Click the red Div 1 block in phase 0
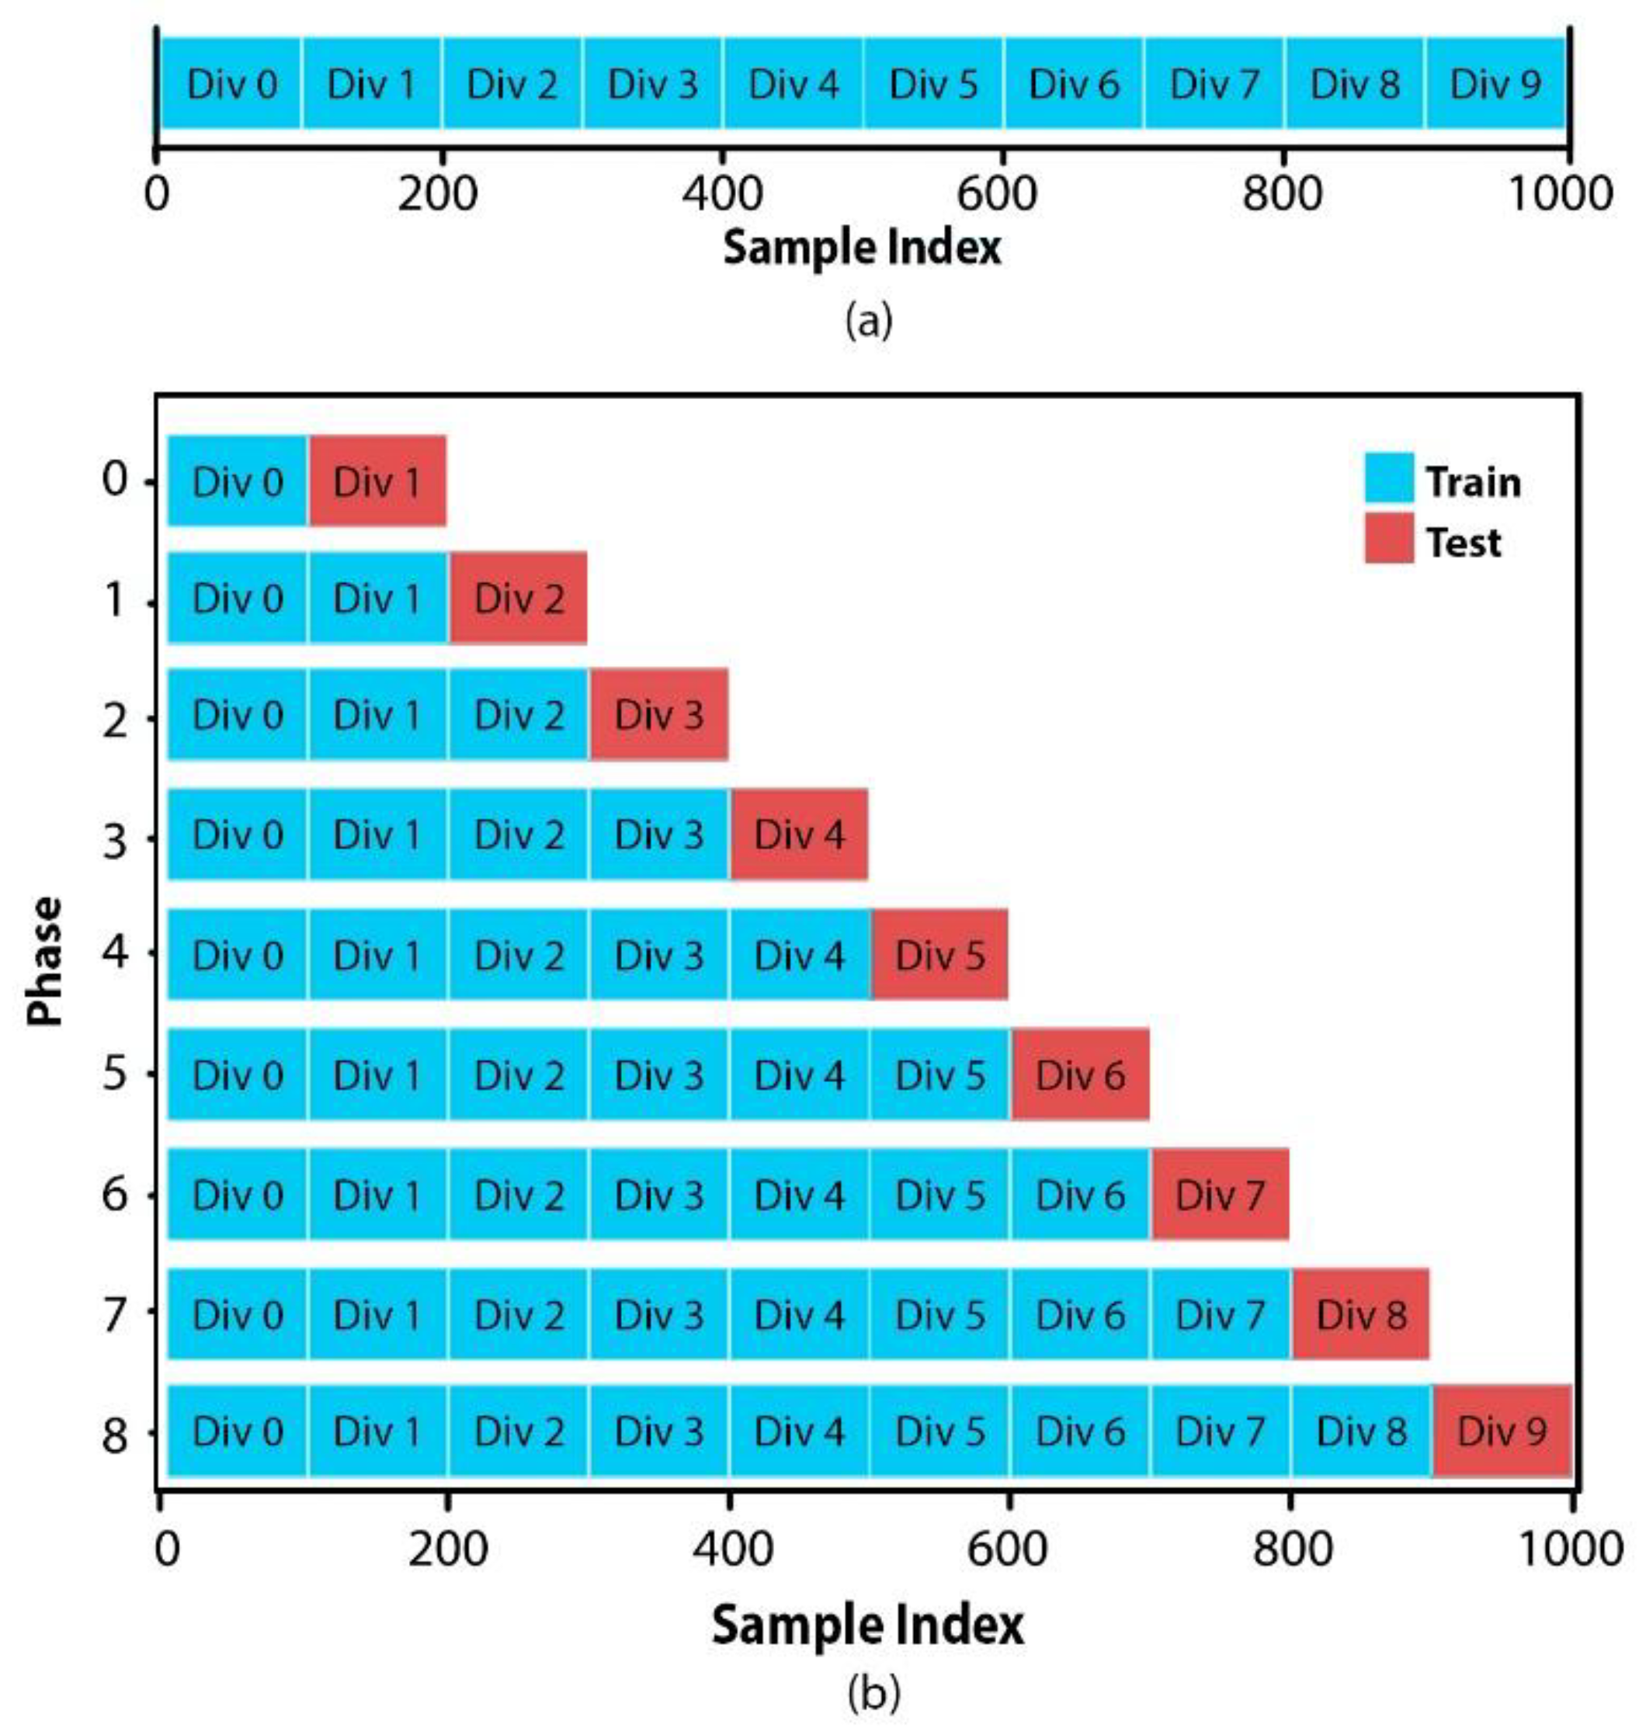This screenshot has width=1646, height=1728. click(377, 481)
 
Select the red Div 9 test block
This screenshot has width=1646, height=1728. click(1502, 1431)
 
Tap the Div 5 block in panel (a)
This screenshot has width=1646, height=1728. click(932, 84)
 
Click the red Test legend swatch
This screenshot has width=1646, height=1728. click(1389, 538)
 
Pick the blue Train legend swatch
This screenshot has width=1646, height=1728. click(1389, 477)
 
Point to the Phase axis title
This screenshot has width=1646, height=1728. click(46, 960)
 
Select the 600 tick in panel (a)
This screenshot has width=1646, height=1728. click(997, 193)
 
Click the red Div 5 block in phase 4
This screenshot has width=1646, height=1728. click(939, 954)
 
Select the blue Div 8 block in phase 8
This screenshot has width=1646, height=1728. click(1361, 1431)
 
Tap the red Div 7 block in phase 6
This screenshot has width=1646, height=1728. click(1220, 1195)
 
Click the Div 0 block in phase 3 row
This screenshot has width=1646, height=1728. click(237, 835)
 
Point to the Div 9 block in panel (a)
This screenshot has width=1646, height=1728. click(1495, 84)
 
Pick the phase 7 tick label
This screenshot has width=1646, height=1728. click(115, 1314)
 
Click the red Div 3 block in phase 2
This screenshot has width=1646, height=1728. click(659, 715)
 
